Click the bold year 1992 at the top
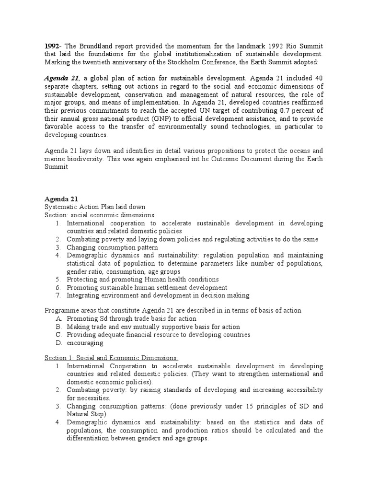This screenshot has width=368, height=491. click(x=52, y=46)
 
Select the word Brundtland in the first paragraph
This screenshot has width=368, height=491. click(x=94, y=46)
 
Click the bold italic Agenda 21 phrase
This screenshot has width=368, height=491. click(x=61, y=79)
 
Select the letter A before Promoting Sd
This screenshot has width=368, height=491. click(x=58, y=318)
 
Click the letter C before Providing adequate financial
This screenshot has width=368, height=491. click(x=58, y=335)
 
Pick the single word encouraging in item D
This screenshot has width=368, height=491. click(x=85, y=343)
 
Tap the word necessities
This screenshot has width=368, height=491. click(x=95, y=398)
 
